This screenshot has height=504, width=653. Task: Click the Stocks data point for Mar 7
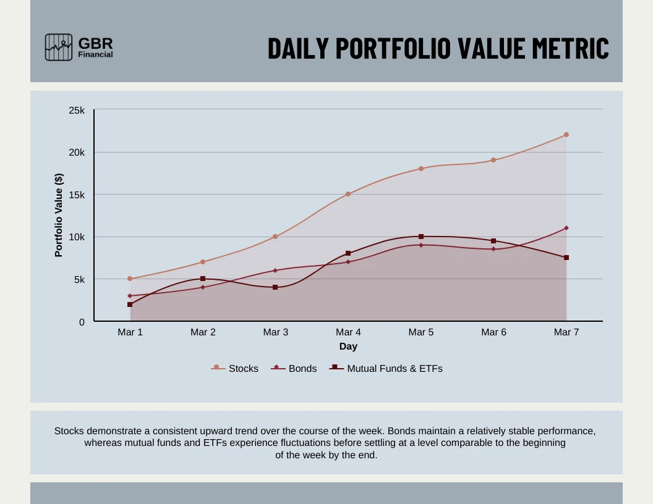tap(566, 135)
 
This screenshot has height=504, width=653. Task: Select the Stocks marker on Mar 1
tap(130, 279)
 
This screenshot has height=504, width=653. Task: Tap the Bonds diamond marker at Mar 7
tap(566, 228)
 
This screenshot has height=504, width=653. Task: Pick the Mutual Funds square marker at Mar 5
tap(421, 237)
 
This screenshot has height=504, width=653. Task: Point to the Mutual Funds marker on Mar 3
tap(275, 287)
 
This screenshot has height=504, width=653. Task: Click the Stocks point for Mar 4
tap(348, 194)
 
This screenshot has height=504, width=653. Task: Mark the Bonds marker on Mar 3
tap(275, 271)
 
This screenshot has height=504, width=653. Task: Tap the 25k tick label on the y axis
tap(77, 111)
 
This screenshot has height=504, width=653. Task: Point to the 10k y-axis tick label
tap(77, 237)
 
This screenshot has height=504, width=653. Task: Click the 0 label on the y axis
tap(81, 322)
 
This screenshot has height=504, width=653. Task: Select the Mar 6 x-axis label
tap(493, 332)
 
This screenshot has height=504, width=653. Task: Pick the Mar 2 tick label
tap(203, 332)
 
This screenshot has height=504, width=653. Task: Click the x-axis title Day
tap(348, 346)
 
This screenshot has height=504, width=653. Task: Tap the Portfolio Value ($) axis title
tap(59, 215)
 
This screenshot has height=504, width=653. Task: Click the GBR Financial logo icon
tap(59, 47)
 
